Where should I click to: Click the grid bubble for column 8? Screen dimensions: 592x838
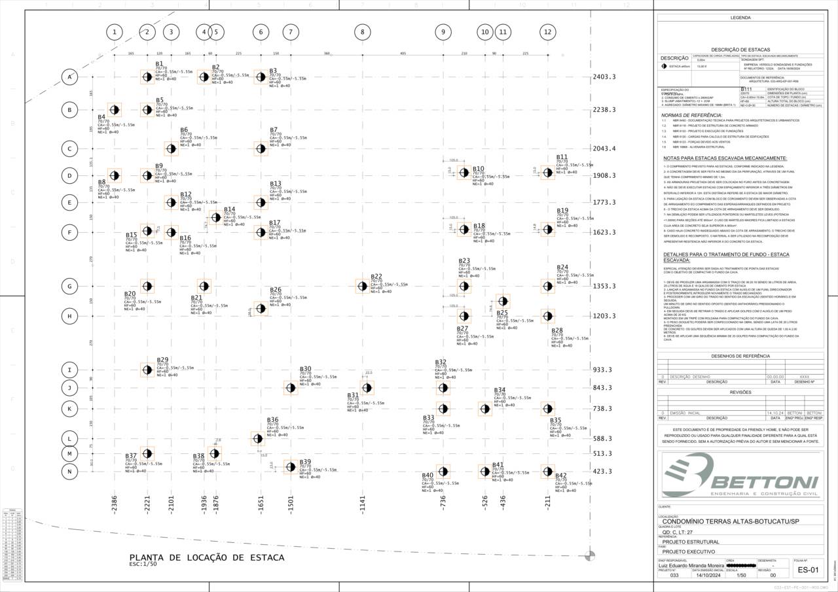click(362, 31)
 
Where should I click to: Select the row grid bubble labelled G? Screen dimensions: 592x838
click(69, 286)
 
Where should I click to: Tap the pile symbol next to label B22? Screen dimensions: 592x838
click(362, 286)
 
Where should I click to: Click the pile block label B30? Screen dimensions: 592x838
click(305, 369)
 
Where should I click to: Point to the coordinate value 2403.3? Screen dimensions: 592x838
click(604, 77)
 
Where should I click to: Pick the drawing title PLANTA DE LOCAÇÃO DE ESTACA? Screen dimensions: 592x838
click(207, 557)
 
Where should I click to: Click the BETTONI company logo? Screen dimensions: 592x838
click(740, 476)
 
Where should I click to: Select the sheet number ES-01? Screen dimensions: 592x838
click(808, 570)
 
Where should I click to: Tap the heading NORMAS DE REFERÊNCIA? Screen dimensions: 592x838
click(693, 115)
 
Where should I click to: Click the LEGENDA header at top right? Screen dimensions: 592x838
click(740, 18)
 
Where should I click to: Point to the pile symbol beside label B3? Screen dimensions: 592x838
click(261, 77)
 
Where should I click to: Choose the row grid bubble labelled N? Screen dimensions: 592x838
click(69, 471)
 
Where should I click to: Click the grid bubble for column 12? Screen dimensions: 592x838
click(547, 31)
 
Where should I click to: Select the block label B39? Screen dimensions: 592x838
click(305, 462)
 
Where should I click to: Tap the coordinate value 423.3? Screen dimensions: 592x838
click(604, 471)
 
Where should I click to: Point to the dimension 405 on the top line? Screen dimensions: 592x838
click(403, 53)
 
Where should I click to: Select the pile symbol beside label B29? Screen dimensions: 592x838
click(147, 370)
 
